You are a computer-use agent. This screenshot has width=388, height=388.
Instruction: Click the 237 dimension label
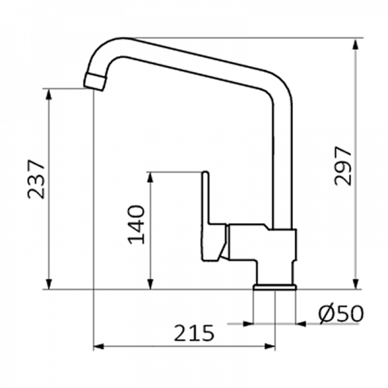point(36,179)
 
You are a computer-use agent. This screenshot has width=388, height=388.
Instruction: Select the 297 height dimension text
point(343,166)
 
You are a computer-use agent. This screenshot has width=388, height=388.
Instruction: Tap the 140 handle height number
point(136,224)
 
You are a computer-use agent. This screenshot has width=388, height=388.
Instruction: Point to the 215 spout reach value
point(194,333)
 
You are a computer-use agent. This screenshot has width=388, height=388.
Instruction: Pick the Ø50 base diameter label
point(341,314)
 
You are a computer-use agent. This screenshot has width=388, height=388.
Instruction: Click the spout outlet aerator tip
point(94,81)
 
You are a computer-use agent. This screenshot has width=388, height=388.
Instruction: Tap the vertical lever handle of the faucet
point(206,198)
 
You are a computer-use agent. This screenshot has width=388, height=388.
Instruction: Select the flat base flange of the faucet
point(275,287)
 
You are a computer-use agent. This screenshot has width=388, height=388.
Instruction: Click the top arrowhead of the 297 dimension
point(356,45)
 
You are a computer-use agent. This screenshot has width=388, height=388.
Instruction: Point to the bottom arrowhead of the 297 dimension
point(356,283)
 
